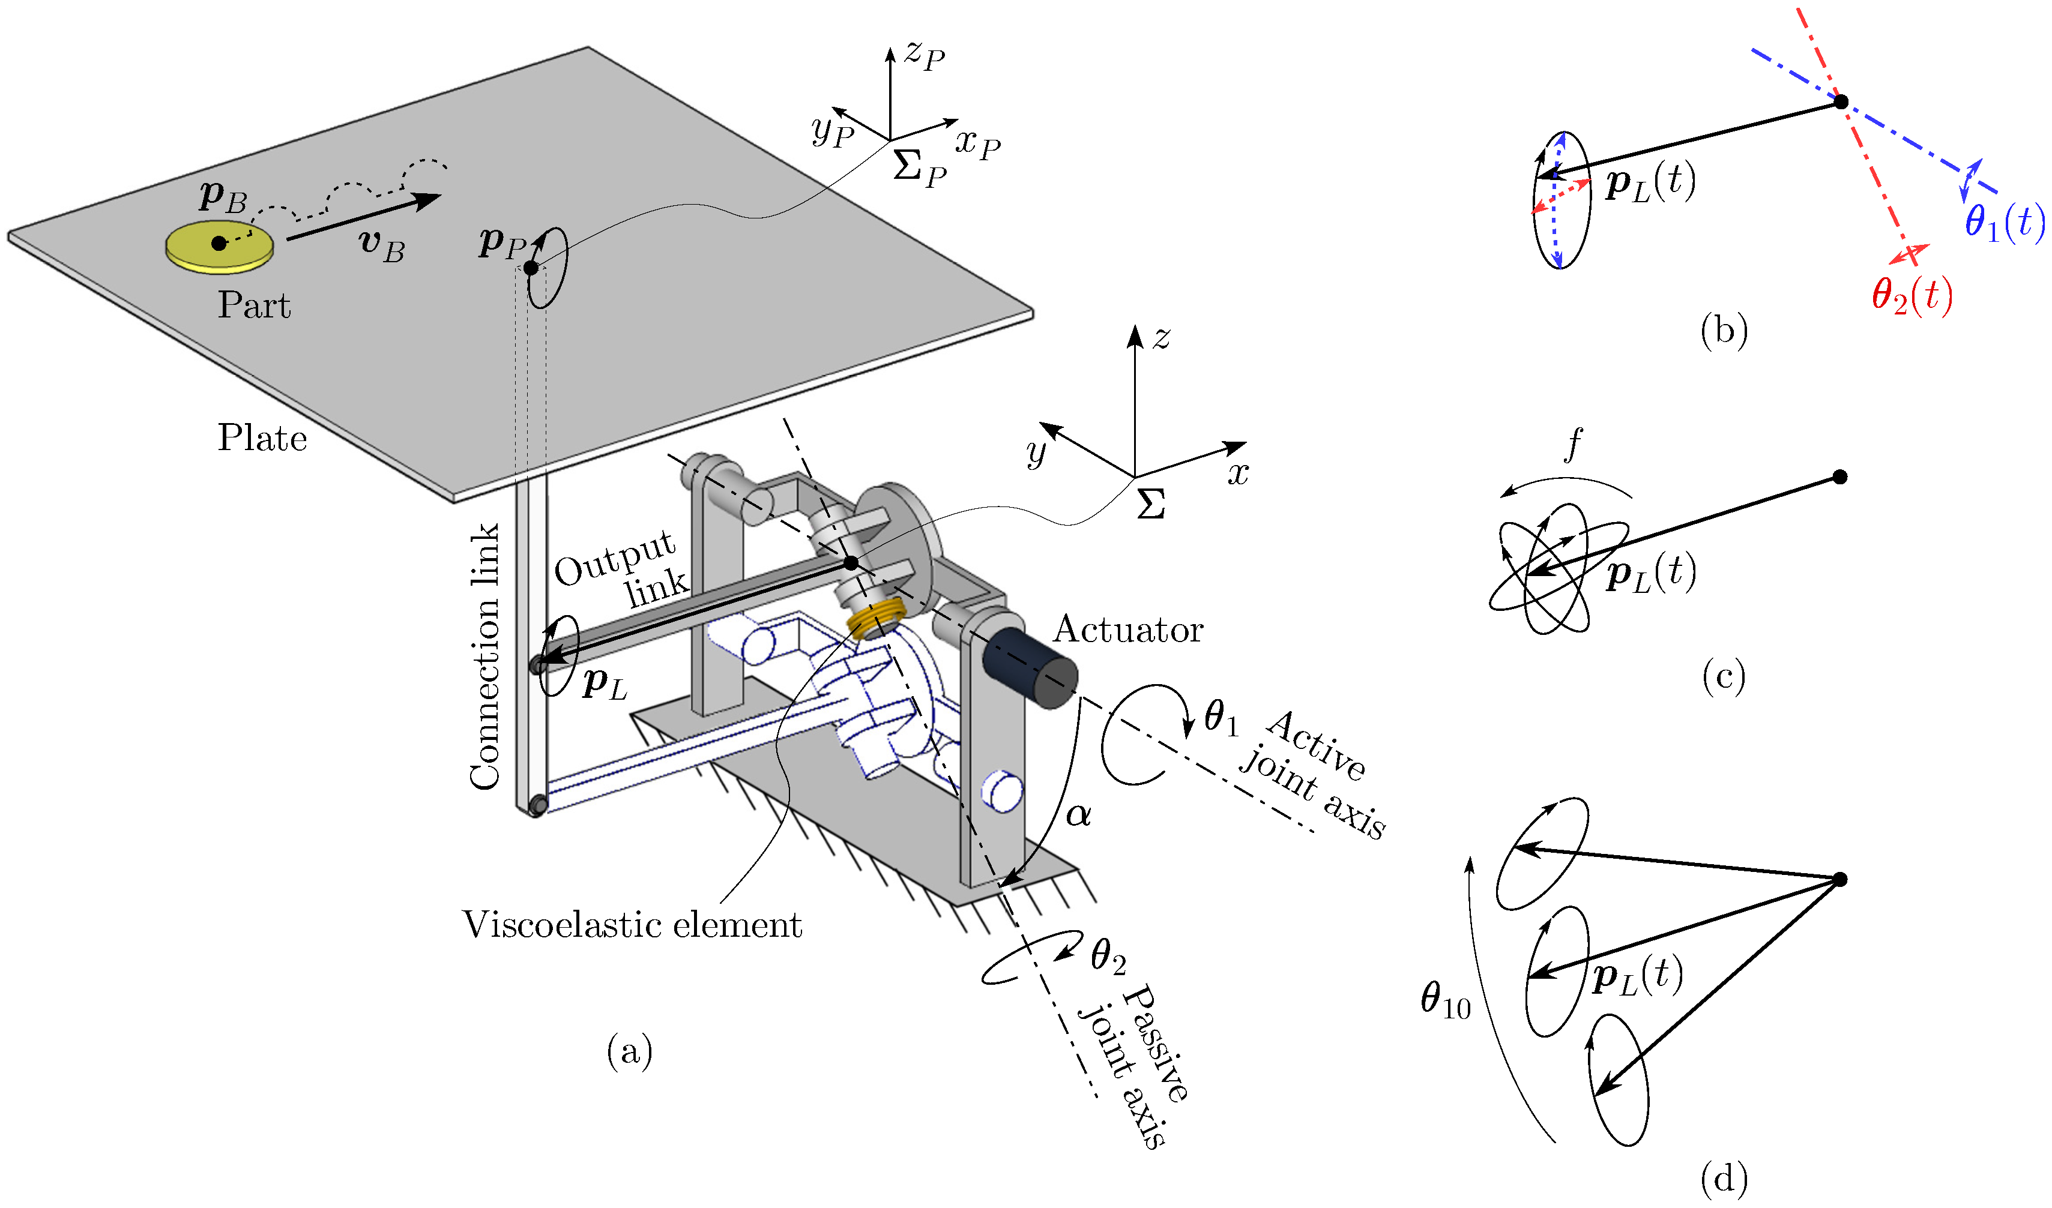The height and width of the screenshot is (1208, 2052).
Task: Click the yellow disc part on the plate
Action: (219, 247)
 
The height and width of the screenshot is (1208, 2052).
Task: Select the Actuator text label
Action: (1128, 630)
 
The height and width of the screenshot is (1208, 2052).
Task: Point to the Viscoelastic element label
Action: (632, 925)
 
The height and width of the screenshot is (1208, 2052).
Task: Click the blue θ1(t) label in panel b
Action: (2003, 221)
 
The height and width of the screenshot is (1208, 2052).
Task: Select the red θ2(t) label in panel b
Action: (1911, 295)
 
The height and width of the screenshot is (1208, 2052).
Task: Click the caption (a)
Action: (629, 1052)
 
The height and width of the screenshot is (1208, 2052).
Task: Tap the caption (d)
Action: (1724, 1178)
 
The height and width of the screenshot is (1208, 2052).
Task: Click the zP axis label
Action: (924, 55)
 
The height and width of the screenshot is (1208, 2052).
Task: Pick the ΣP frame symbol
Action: (919, 167)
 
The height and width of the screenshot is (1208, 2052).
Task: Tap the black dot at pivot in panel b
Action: (1840, 103)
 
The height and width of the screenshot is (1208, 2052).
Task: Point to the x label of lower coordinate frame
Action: (1238, 473)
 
